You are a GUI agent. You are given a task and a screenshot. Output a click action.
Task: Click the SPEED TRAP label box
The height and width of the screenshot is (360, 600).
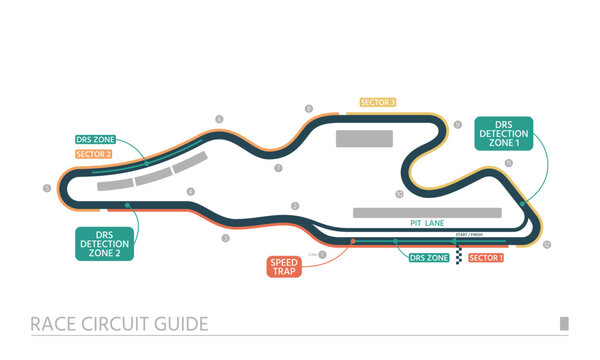pyautogui.click(x=281, y=266)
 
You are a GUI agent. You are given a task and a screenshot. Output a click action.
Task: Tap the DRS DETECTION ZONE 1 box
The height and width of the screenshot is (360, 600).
pyautogui.click(x=505, y=133)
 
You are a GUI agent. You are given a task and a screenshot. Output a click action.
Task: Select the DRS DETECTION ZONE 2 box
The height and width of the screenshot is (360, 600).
pyautogui.click(x=105, y=243)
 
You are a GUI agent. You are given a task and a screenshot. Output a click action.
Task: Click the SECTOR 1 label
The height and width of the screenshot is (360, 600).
pyautogui.click(x=486, y=258)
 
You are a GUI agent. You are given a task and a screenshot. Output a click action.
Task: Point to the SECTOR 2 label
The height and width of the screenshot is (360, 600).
pyautogui.click(x=93, y=154)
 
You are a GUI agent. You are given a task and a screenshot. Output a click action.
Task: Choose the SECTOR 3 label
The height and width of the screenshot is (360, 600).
pyautogui.click(x=378, y=102)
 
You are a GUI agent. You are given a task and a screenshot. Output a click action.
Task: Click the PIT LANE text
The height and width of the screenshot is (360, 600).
pyautogui.click(x=426, y=223)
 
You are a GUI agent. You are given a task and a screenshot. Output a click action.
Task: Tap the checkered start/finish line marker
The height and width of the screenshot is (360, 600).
pyautogui.click(x=459, y=254)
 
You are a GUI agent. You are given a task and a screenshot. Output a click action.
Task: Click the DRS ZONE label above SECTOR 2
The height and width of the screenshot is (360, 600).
pyautogui.click(x=96, y=139)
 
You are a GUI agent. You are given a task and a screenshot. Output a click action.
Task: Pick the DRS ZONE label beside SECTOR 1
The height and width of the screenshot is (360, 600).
pyautogui.click(x=430, y=258)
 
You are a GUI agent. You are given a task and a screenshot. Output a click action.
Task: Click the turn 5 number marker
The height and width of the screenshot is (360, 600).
pyautogui.click(x=46, y=187)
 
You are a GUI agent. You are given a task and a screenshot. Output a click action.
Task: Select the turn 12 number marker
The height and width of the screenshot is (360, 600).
pyautogui.click(x=546, y=244)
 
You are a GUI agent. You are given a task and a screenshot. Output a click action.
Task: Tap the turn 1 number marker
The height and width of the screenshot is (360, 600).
pyautogui.click(x=323, y=254)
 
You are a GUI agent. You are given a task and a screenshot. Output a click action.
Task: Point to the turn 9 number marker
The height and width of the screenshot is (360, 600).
pyautogui.click(x=458, y=125)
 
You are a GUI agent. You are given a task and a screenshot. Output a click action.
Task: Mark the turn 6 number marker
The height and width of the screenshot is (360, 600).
pyautogui.click(x=219, y=119)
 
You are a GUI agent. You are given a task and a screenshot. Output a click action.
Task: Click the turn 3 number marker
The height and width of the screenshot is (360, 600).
pyautogui.click(x=225, y=238)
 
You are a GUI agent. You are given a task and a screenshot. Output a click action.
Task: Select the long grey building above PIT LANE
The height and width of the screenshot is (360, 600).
pyautogui.click(x=427, y=212)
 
